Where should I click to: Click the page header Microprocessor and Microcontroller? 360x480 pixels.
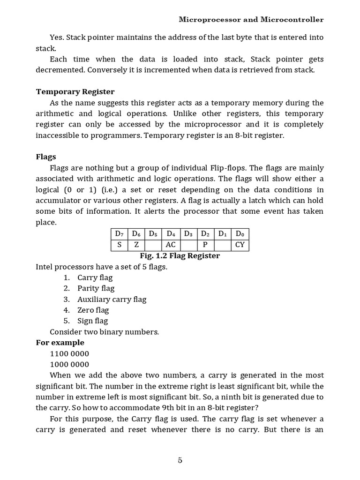click(251, 20)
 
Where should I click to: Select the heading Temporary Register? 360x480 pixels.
click(75, 92)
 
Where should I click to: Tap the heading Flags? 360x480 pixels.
click(46, 157)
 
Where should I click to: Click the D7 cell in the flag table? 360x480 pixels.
click(119, 233)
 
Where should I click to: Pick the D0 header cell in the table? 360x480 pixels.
click(240, 233)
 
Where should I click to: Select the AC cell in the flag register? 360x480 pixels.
click(171, 245)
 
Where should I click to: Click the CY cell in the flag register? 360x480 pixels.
click(240, 245)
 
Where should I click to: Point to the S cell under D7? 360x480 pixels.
click(119, 245)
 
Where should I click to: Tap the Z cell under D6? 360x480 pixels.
click(136, 245)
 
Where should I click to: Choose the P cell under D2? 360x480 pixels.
click(205, 245)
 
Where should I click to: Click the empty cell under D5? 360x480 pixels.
click(153, 245)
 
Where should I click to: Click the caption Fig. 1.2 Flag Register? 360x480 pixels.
click(180, 256)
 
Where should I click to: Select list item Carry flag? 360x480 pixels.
click(95, 277)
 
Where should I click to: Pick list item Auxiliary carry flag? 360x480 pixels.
click(112, 299)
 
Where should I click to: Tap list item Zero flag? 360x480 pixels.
click(93, 310)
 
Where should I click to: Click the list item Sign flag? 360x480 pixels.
click(92, 321)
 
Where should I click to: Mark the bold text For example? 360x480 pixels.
click(60, 343)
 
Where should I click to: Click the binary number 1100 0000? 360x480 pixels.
click(69, 353)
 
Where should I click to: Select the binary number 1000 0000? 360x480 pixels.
click(69, 364)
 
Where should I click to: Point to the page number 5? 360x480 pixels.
click(180, 460)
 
